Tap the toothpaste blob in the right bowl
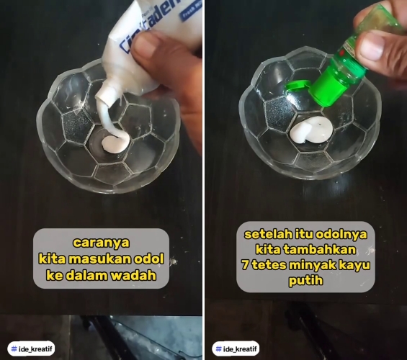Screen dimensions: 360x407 [312, 131]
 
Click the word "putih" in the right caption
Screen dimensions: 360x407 [305, 282]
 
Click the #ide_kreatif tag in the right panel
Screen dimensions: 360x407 [236, 348]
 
